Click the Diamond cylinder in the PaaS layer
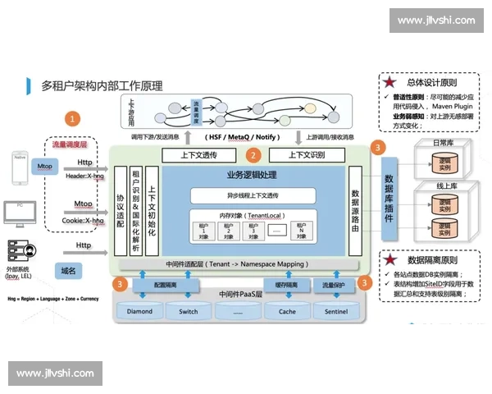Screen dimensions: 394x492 140,311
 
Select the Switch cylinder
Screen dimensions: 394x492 188,311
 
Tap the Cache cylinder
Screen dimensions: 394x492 287,311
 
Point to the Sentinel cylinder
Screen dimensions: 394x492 335,311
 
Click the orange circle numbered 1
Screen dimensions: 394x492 75,118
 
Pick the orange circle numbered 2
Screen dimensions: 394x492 253,154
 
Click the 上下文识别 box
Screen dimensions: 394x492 307,155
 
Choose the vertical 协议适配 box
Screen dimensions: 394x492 121,212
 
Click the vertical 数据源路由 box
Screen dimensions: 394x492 355,212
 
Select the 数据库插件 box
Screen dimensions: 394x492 389,199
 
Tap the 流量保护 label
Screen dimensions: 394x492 334,285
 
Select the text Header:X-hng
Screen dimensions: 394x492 85,176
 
